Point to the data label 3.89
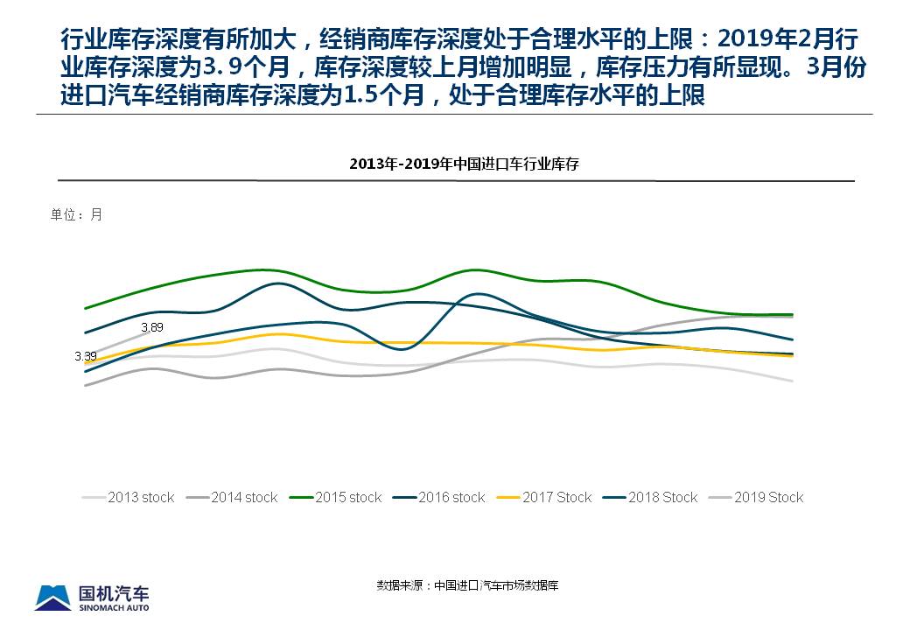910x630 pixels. (152, 327)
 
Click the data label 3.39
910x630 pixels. (85, 356)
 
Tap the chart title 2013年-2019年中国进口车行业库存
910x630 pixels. (465, 164)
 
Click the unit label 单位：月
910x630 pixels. (76, 214)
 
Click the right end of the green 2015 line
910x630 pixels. (792, 314)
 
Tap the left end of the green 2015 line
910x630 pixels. (85, 308)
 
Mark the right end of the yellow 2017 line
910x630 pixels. (792, 356)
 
